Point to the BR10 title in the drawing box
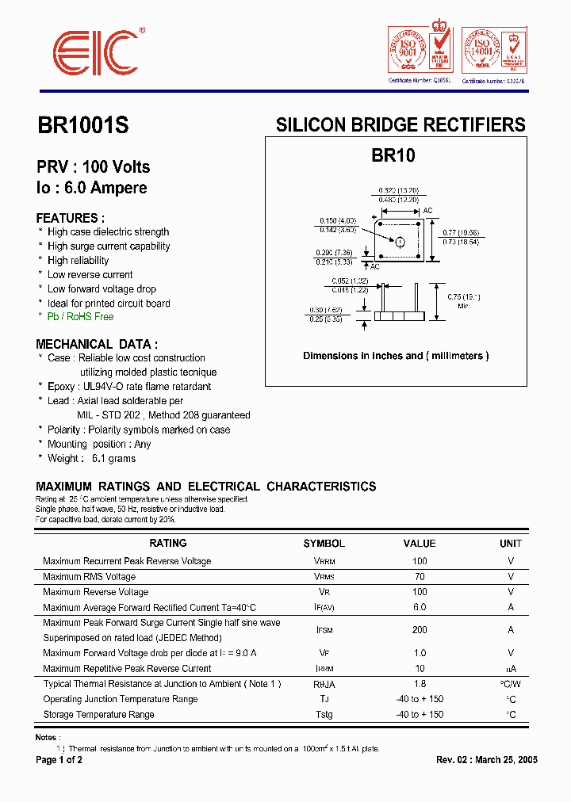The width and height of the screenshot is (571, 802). click(x=393, y=156)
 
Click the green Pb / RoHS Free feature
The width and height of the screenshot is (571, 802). click(x=80, y=317)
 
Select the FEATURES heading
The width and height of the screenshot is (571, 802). click(x=71, y=218)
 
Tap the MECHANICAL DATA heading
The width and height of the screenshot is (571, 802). click(x=97, y=344)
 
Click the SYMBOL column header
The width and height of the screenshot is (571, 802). click(x=324, y=544)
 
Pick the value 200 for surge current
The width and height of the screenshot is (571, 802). click(x=420, y=630)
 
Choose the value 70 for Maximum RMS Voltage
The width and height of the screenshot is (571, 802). click(x=420, y=577)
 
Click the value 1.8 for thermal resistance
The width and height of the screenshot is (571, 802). click(x=420, y=684)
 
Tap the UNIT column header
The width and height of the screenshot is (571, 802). click(x=511, y=544)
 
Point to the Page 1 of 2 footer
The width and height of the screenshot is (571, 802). click(x=59, y=760)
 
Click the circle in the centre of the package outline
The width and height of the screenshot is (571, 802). click(x=400, y=242)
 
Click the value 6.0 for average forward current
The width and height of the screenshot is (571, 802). click(x=420, y=608)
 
